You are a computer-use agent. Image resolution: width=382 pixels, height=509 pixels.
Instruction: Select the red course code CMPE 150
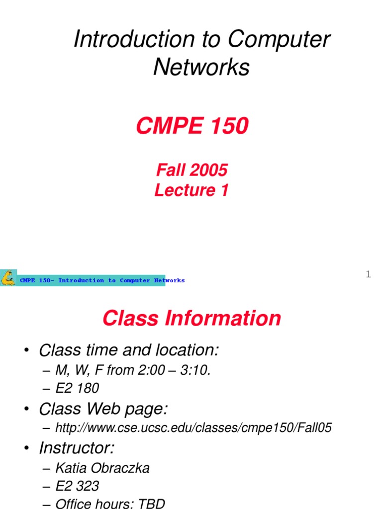[192, 127]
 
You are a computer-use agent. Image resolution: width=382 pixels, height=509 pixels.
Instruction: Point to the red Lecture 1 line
[191, 190]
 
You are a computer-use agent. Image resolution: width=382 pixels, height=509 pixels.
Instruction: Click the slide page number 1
[368, 274]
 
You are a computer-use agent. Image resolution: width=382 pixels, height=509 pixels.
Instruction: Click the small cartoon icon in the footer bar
[8, 278]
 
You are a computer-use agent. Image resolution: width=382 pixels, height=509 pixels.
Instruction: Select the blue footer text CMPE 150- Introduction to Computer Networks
[102, 280]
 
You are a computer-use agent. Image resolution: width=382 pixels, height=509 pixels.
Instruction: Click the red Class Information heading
[191, 318]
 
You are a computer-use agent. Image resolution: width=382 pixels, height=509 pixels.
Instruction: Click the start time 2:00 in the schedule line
[148, 370]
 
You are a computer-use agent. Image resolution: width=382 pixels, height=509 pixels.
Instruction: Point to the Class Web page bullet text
[103, 409]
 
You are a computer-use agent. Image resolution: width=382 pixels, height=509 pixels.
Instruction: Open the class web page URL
[193, 428]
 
